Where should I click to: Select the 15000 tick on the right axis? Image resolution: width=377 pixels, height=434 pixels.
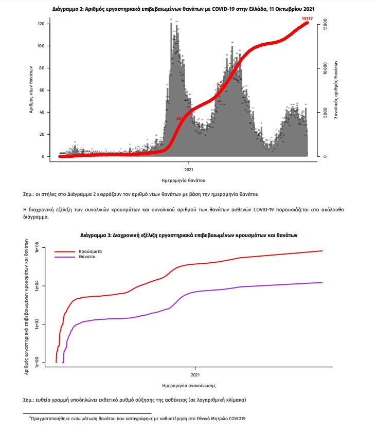tap(324, 24)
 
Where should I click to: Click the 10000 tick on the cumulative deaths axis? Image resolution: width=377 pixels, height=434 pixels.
tap(324, 68)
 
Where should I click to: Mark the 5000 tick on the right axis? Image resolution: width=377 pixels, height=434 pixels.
tap(324, 113)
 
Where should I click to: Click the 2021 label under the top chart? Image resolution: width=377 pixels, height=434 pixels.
tap(188, 169)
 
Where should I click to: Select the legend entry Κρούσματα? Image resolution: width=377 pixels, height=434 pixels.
tap(90, 251)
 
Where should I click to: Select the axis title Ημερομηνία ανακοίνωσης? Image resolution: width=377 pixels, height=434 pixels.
tap(189, 385)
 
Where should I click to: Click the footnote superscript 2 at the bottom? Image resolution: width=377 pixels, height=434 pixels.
tap(29, 417)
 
